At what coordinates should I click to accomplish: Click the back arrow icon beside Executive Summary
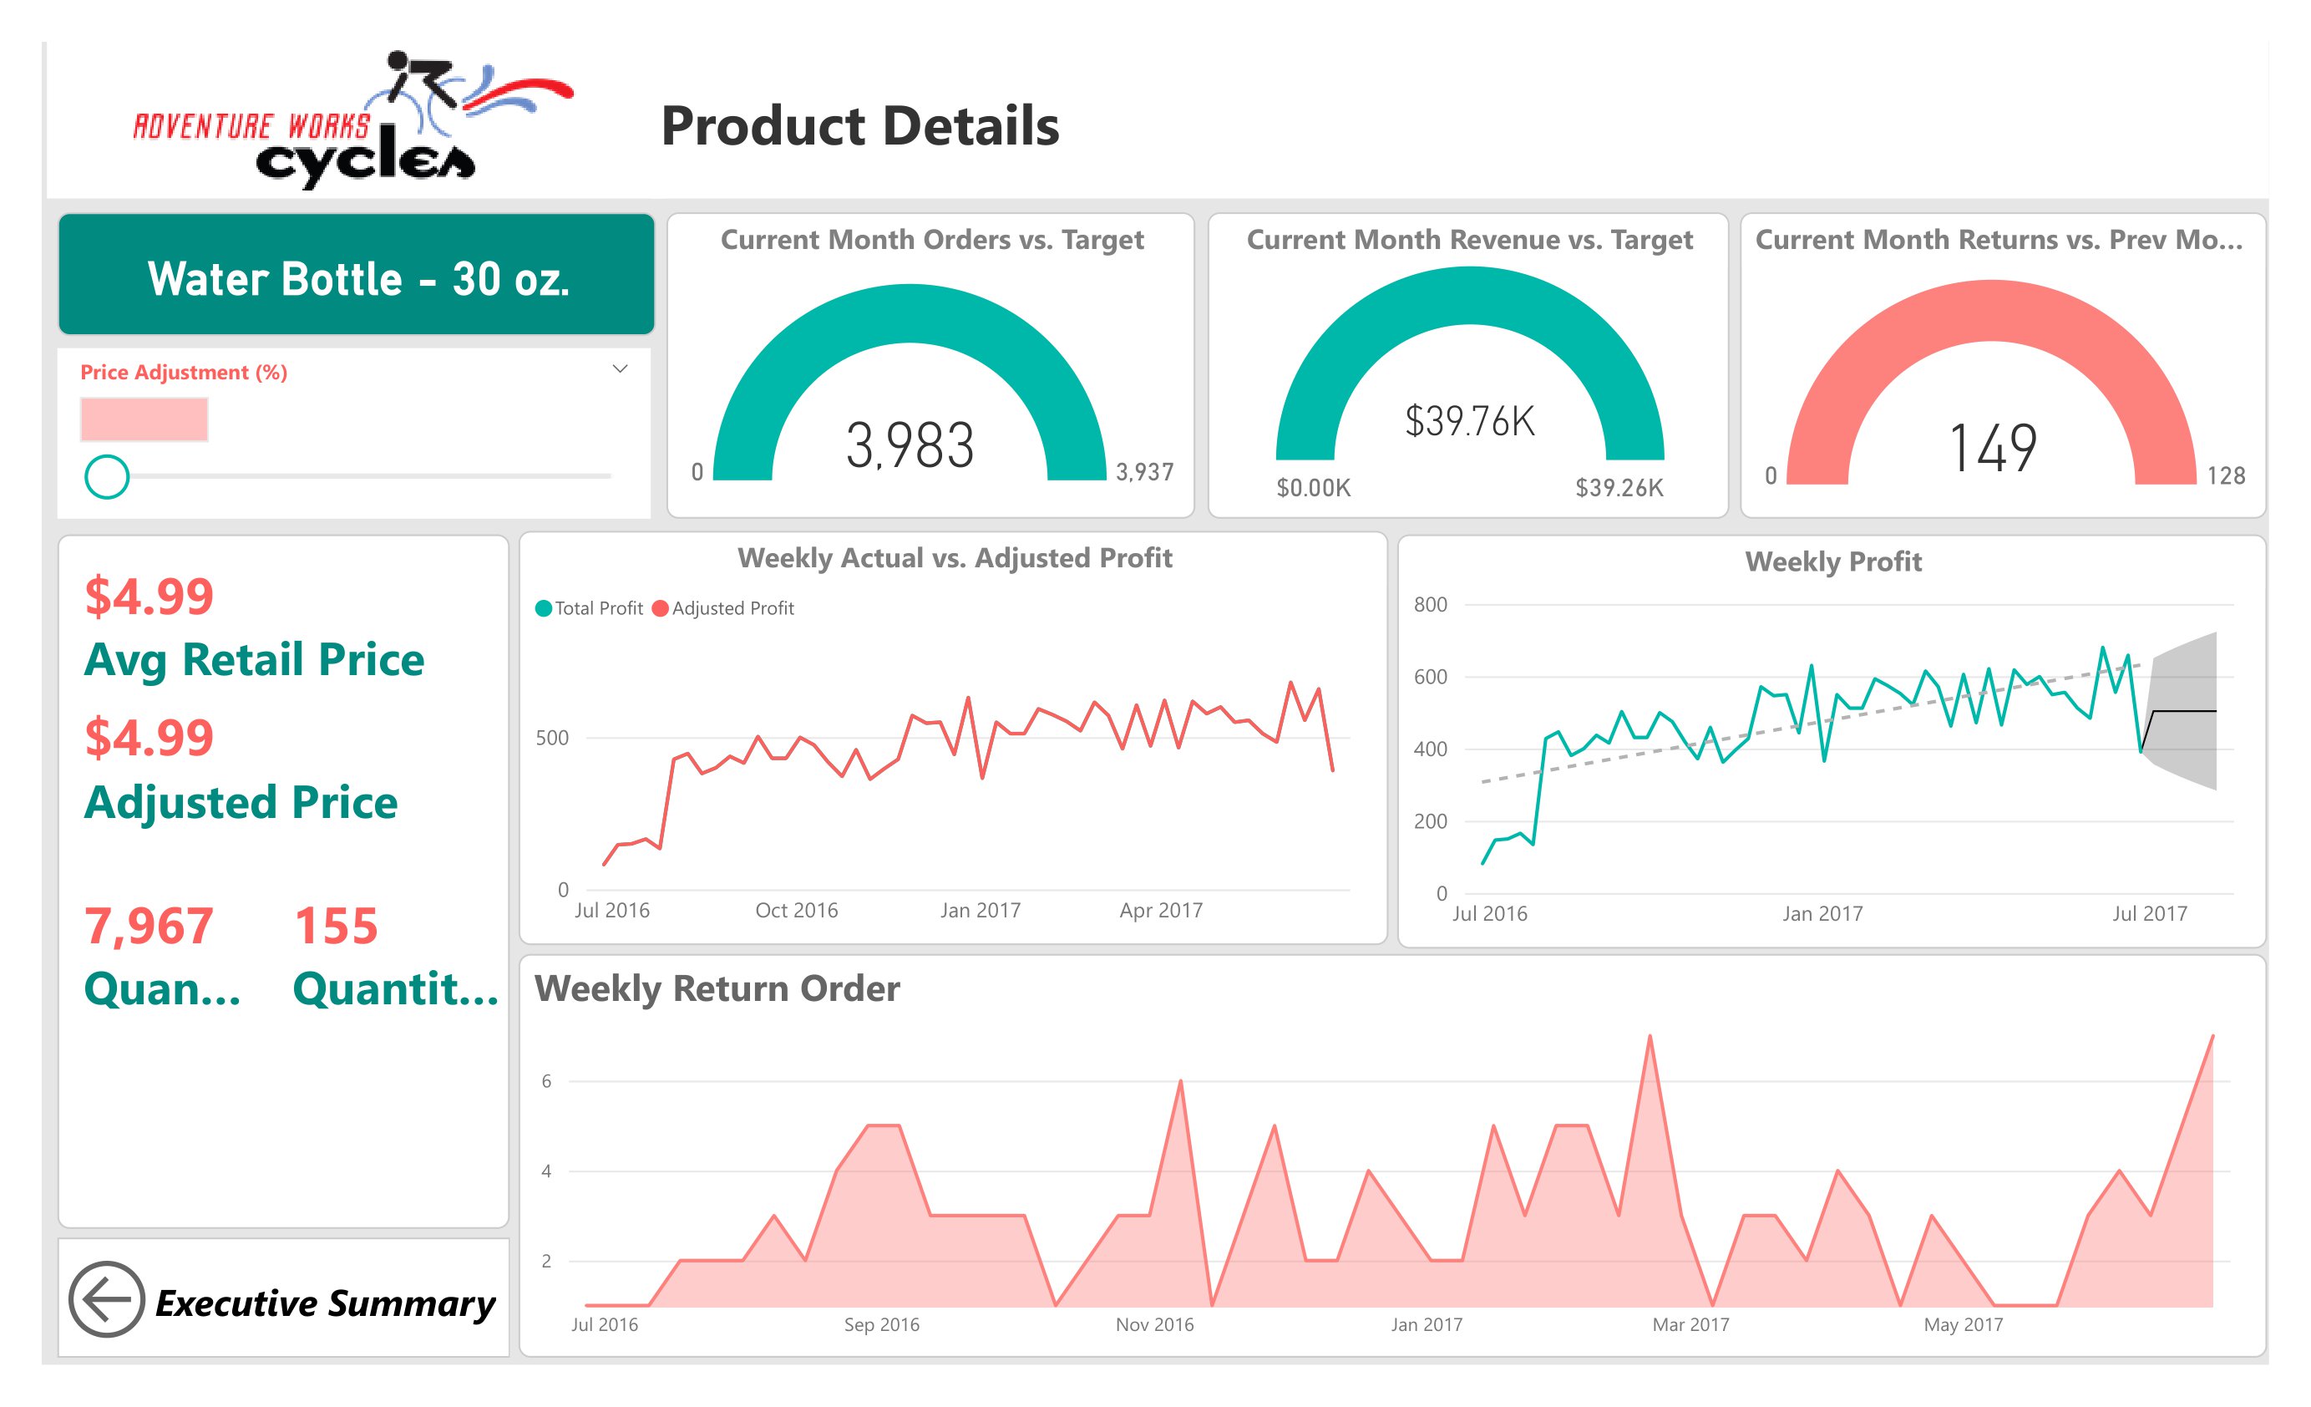tap(106, 1299)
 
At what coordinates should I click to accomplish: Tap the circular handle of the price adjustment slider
tap(107, 476)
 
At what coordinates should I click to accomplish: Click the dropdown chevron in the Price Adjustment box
tap(619, 368)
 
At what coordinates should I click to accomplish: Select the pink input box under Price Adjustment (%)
tap(144, 419)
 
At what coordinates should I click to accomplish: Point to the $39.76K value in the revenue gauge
tap(1469, 421)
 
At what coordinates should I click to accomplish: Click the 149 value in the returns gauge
tap(1992, 449)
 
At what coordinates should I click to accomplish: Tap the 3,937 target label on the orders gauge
tap(1144, 472)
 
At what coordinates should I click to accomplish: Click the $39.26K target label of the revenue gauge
tap(1619, 488)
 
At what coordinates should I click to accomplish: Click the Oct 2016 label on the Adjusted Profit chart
tap(796, 910)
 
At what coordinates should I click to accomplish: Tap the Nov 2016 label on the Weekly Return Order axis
tap(1153, 1324)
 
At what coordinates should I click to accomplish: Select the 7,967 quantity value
tap(148, 926)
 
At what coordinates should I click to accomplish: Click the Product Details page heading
tap(859, 127)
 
